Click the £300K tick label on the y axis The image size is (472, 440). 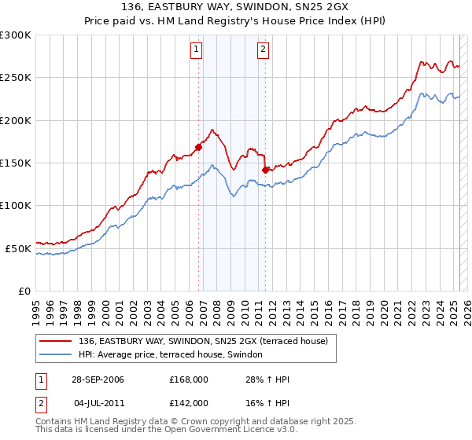(x=15, y=35)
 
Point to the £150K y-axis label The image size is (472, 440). (x=15, y=163)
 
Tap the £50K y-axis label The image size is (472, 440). (x=17, y=248)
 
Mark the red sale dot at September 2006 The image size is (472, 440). (x=199, y=146)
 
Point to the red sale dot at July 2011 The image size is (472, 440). (x=265, y=169)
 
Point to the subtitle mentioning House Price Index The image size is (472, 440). (x=236, y=21)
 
